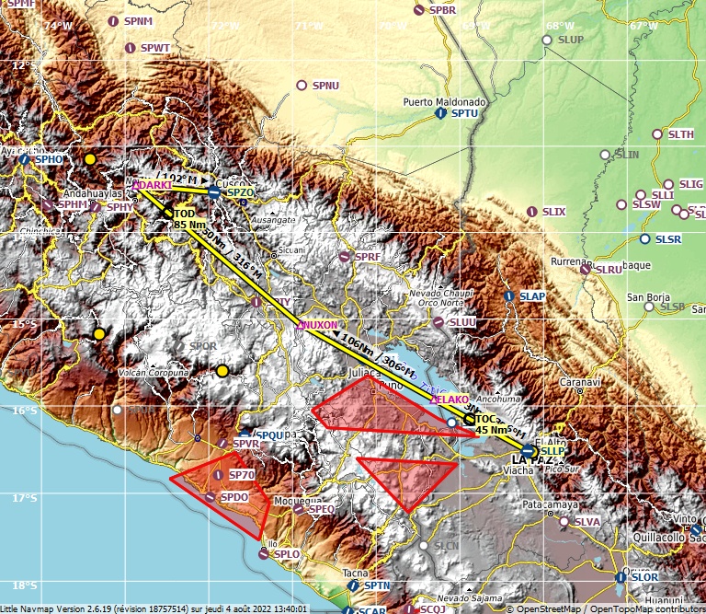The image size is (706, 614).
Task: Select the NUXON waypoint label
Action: point(320,325)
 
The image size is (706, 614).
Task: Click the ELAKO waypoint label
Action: point(451,399)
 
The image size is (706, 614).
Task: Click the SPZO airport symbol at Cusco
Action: point(213,191)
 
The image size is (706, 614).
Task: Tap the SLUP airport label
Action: point(571,40)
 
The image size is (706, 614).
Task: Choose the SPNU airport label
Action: point(325,86)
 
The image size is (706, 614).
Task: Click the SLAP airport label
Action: point(532,296)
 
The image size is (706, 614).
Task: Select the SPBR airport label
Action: point(442,10)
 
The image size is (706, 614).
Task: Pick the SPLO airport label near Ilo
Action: point(287,554)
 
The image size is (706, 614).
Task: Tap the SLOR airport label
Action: point(644,576)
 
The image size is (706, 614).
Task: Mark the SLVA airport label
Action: point(586,521)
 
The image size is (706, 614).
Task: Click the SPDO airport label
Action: point(236,497)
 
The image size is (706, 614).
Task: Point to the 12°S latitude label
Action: point(21,65)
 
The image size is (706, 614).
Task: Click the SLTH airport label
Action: point(681,134)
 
